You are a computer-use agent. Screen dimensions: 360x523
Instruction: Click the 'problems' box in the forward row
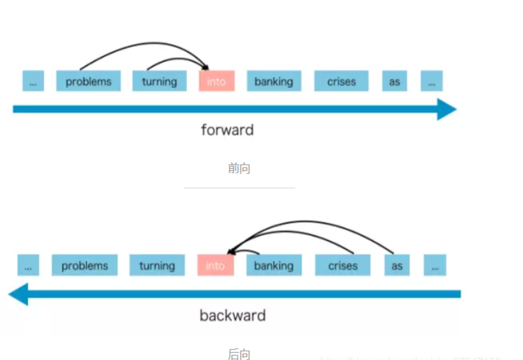(x=88, y=81)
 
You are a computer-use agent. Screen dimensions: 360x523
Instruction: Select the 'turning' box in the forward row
(x=159, y=81)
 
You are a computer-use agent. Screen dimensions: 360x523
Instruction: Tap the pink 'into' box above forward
(x=217, y=81)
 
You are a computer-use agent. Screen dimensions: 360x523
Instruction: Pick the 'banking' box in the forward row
(x=274, y=81)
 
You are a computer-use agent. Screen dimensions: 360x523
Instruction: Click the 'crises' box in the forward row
(x=341, y=81)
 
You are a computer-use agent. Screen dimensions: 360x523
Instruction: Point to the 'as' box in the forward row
(x=394, y=81)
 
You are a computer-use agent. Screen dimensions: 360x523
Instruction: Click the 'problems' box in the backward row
(x=84, y=265)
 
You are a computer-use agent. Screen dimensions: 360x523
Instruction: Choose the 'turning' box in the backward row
(x=157, y=265)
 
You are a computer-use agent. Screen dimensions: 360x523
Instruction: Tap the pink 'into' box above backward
(x=215, y=265)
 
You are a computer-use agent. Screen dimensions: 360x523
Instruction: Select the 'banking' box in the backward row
(x=274, y=265)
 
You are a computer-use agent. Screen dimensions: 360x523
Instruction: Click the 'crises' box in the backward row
(x=343, y=265)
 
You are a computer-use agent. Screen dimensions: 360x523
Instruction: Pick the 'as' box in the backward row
(x=397, y=265)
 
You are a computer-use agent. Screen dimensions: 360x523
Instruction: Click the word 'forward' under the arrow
(x=227, y=130)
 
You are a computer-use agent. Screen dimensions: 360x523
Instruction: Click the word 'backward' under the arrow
(x=233, y=315)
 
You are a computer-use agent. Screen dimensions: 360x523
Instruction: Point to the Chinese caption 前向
(x=239, y=168)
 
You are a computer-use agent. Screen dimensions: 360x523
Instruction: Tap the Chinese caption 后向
(x=239, y=354)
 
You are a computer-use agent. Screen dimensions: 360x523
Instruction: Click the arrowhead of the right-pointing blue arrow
(x=446, y=109)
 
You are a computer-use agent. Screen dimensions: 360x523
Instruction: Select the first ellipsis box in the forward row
(x=33, y=81)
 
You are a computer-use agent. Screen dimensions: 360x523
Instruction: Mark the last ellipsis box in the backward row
(x=435, y=265)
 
